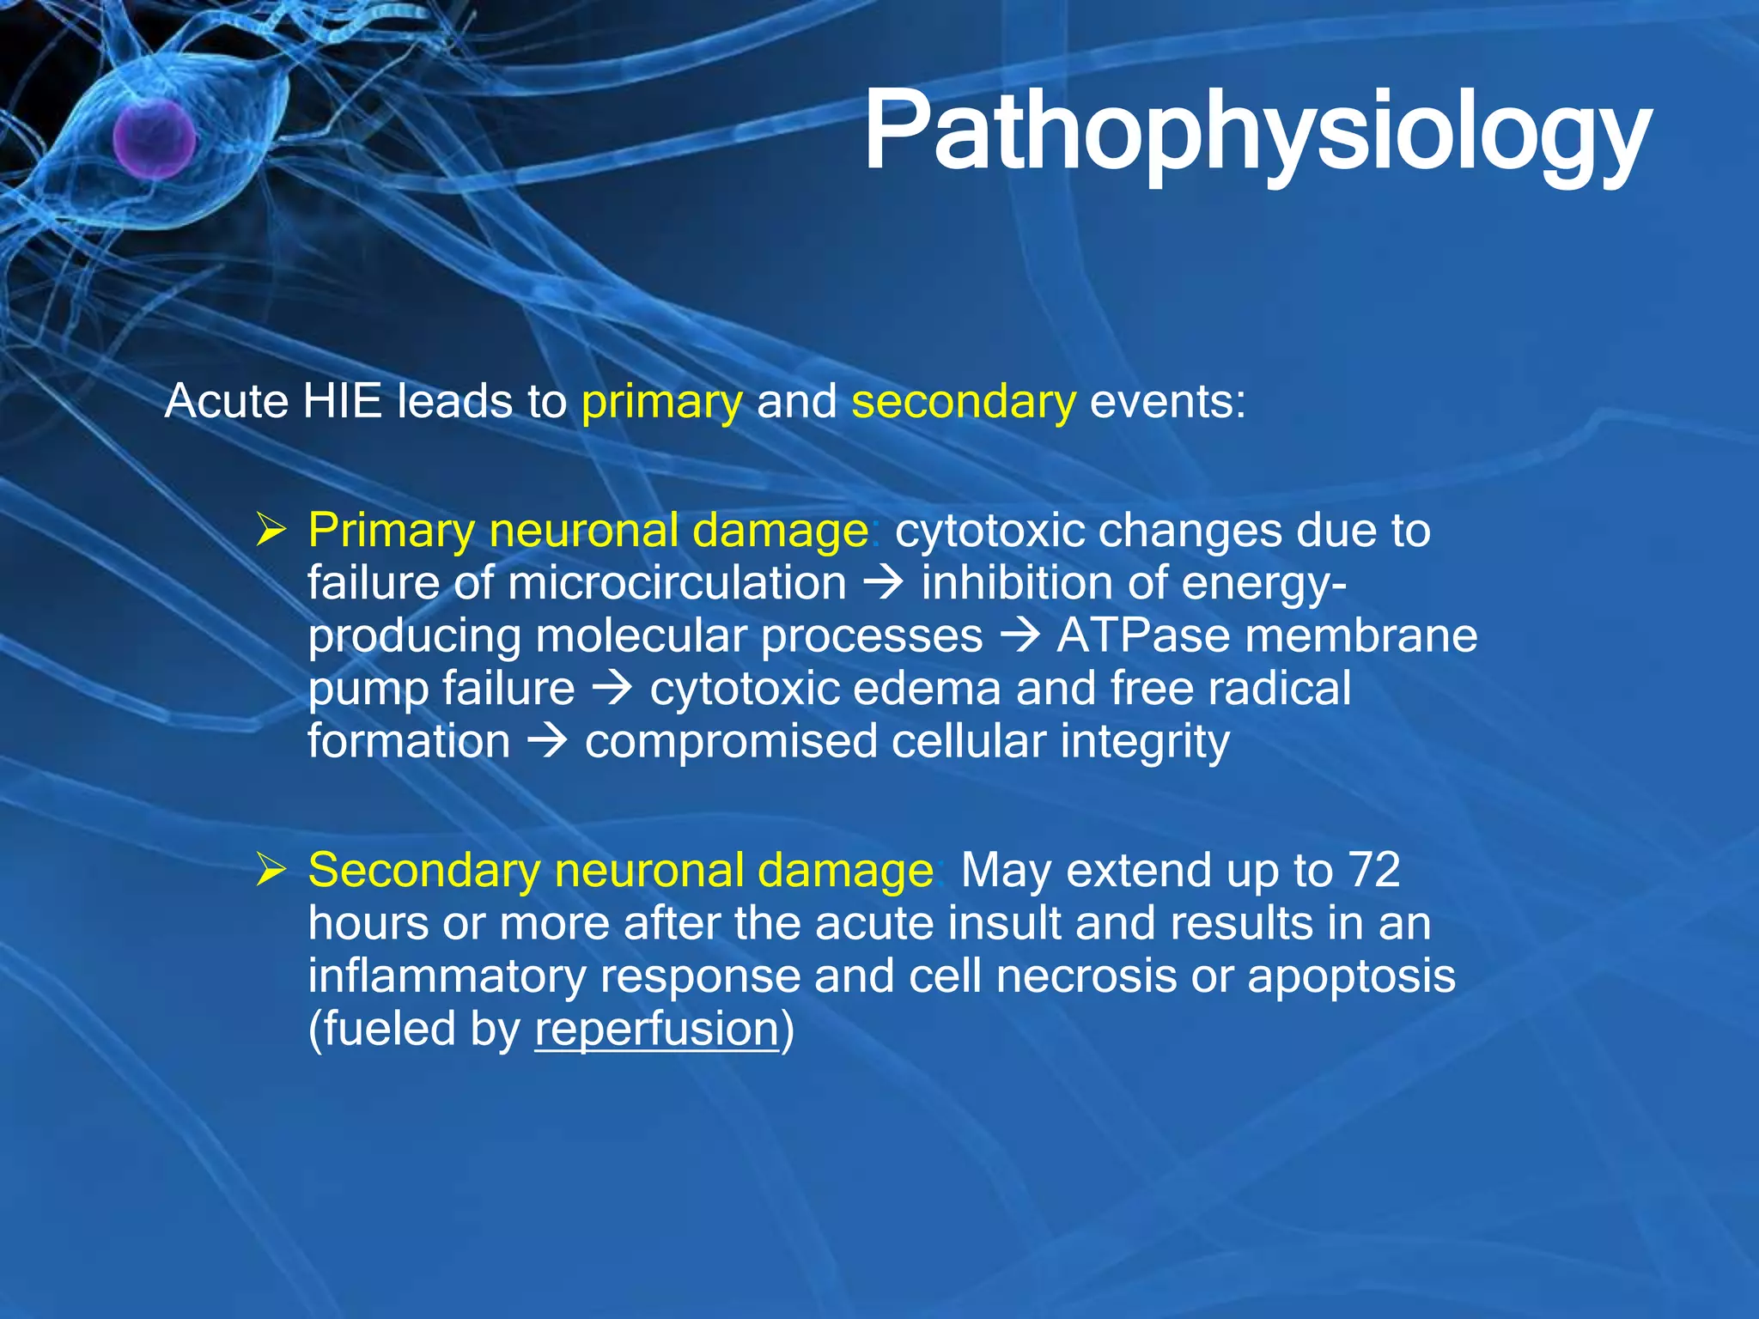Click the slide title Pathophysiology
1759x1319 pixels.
pos(1257,133)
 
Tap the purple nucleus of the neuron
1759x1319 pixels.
pos(155,138)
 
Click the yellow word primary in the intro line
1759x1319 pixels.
pos(661,402)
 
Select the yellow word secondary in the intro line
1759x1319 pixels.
pos(963,402)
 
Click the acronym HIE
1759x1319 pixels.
pos(342,401)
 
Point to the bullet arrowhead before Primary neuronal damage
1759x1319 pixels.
pos(271,530)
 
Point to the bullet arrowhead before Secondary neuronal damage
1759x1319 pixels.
pos(271,870)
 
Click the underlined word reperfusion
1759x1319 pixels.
pos(657,1029)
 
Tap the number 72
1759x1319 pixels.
pos(1374,870)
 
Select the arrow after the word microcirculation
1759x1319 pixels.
pos(884,584)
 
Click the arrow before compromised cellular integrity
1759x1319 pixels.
pos(547,741)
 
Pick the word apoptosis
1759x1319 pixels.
pos(1351,976)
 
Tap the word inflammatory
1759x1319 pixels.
pos(447,976)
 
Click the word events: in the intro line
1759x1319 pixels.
pos(1167,401)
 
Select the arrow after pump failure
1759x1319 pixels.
pos(612,689)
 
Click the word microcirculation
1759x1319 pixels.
pos(677,584)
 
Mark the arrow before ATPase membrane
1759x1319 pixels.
pos(1019,636)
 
